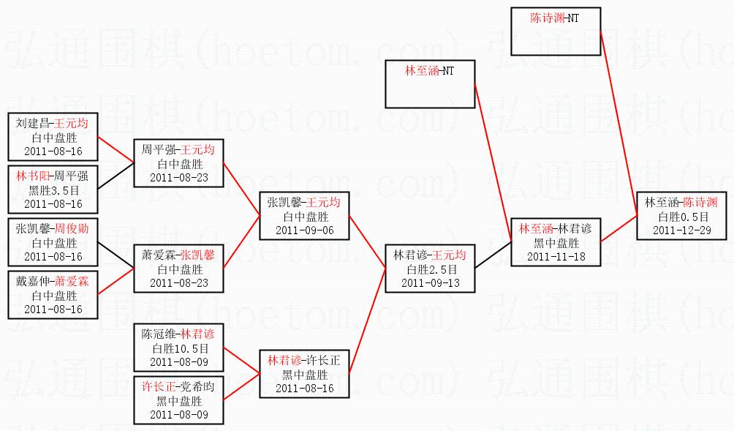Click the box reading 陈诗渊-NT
pyautogui.click(x=556, y=30)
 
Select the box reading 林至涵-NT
pyautogui.click(x=430, y=84)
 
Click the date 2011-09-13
pyautogui.click(x=431, y=282)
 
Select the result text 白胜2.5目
pyautogui.click(x=431, y=269)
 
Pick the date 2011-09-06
pyautogui.click(x=303, y=230)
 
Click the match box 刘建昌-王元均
pyautogui.click(x=52, y=137)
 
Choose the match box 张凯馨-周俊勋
pyautogui.click(x=52, y=242)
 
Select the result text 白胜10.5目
pyautogui.click(x=178, y=348)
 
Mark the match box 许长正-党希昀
pyautogui.click(x=178, y=400)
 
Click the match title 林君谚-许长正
pyautogui.click(x=303, y=361)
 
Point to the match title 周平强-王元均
pyautogui.click(x=178, y=150)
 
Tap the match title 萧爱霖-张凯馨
pyautogui.click(x=178, y=255)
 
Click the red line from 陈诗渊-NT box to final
pyautogui.click(x=618, y=124)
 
